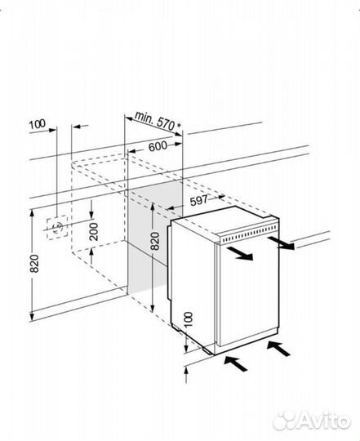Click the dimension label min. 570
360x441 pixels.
(x=154, y=120)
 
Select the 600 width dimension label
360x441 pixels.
(x=158, y=146)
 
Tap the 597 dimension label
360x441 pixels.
(x=198, y=201)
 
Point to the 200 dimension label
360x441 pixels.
(x=94, y=232)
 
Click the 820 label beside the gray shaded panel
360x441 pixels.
(x=155, y=241)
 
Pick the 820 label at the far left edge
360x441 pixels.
(x=34, y=264)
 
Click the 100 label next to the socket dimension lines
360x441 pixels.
(x=37, y=124)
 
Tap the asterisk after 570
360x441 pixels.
(x=178, y=126)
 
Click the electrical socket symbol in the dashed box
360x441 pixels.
(x=58, y=227)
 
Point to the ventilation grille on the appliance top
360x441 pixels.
(x=250, y=234)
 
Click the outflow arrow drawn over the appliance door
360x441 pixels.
(x=240, y=252)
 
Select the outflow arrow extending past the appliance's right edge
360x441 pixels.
(x=281, y=243)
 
